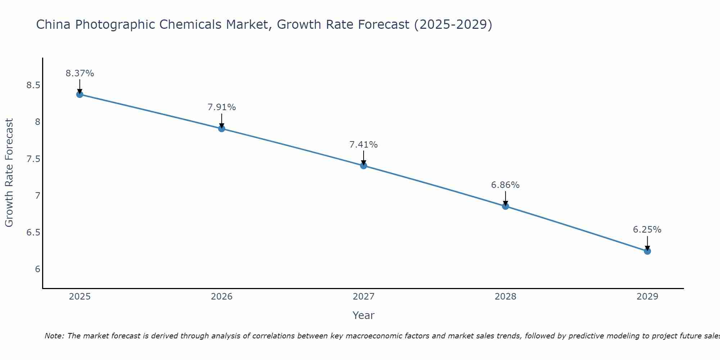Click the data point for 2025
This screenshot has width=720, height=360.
point(80,94)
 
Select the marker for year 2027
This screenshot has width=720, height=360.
point(363,166)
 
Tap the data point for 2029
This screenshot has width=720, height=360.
point(647,251)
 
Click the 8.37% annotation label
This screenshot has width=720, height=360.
point(80,73)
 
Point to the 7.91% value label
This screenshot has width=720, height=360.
point(221,107)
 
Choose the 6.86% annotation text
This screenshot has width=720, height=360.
point(505,185)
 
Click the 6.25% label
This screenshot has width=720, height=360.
point(647,230)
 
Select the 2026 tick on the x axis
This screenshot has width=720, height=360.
point(221,297)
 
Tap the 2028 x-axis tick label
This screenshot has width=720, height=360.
point(505,297)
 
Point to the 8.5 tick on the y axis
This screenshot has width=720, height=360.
point(33,85)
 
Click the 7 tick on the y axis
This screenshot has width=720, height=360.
point(37,196)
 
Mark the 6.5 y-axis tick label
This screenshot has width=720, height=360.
point(33,233)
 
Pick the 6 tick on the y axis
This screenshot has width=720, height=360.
point(37,269)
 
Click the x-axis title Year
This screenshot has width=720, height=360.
point(363,315)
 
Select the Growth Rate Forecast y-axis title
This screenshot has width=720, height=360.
point(9,173)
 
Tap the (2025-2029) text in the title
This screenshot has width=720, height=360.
point(453,24)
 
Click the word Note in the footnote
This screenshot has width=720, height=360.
point(54,336)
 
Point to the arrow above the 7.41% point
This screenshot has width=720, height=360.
point(363,157)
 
